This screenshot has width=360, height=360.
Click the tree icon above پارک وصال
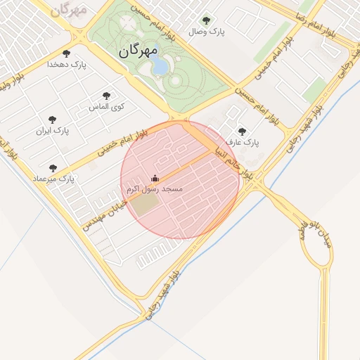(x=205, y=20)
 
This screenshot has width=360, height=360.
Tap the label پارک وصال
(x=207, y=32)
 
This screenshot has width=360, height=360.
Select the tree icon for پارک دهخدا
(x=67, y=53)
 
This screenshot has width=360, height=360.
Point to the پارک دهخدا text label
(x=66, y=64)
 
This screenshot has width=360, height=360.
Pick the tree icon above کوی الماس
(x=106, y=96)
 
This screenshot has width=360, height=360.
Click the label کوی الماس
(x=106, y=107)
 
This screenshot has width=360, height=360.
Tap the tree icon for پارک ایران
(x=52, y=120)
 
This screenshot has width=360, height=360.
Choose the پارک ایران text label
(x=53, y=131)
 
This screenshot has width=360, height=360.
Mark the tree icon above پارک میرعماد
(x=53, y=168)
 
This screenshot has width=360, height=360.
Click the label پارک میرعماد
(x=53, y=179)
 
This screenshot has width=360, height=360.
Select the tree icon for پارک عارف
(x=243, y=131)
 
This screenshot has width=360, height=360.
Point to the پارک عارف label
(x=243, y=143)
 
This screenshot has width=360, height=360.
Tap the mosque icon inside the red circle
(x=155, y=179)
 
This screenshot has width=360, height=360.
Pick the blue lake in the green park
(x=160, y=66)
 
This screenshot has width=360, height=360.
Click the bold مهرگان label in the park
(x=137, y=51)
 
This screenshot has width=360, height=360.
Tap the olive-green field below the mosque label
(x=147, y=205)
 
